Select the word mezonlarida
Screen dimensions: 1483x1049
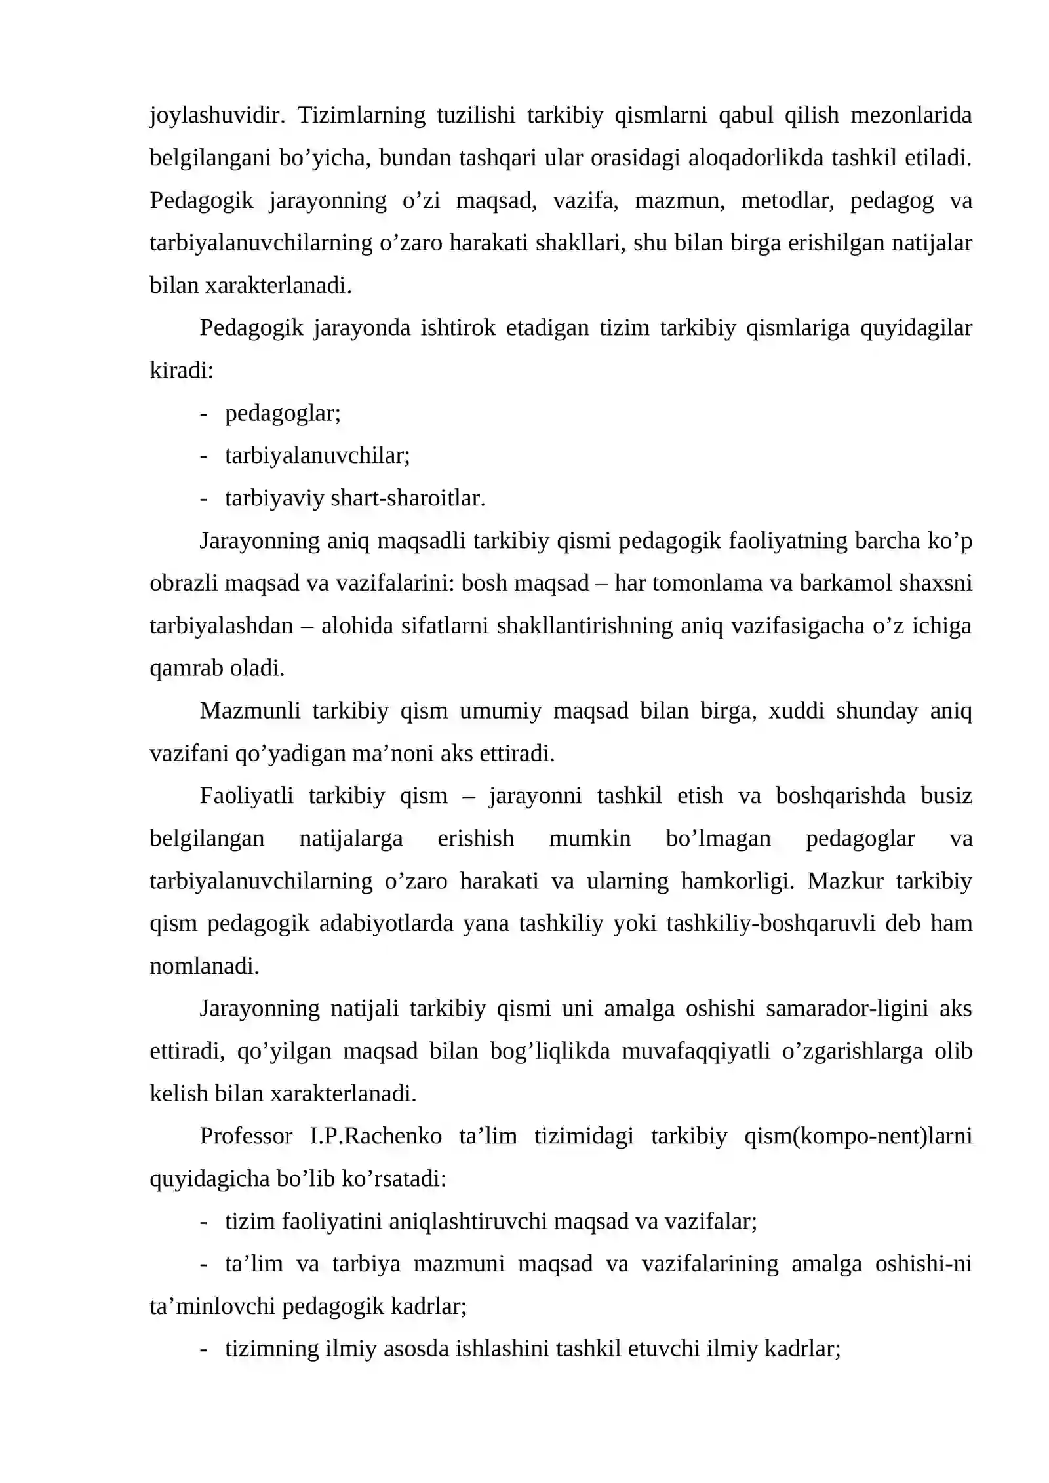[x=911, y=116]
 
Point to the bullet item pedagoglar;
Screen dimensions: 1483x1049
[x=283, y=414]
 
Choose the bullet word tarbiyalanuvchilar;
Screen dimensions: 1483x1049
[x=317, y=456]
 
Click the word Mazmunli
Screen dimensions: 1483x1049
[x=250, y=711]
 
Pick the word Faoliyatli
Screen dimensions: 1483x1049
[x=247, y=796]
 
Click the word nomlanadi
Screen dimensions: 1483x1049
[x=205, y=966]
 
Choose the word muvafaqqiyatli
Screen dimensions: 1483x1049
[x=696, y=1051]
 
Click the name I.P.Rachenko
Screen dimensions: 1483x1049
[x=376, y=1136]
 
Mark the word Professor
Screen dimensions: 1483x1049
[x=246, y=1136]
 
